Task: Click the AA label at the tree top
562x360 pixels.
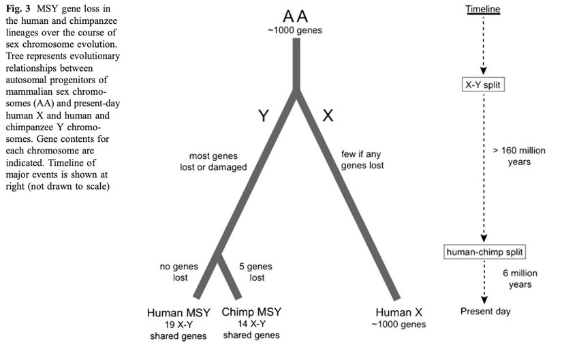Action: tap(295, 16)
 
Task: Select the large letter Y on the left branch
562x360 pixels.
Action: tap(264, 116)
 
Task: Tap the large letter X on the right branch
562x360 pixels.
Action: tap(328, 115)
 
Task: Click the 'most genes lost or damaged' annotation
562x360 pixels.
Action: tap(213, 162)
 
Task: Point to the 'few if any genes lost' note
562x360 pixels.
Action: tap(362, 160)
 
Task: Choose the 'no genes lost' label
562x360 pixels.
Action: tap(179, 272)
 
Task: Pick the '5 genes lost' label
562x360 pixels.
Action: tap(256, 272)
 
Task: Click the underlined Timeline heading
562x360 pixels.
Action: tap(483, 9)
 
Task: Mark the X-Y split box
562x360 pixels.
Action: tap(483, 85)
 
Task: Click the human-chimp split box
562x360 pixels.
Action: tap(484, 252)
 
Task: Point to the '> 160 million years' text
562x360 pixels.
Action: tap(519, 156)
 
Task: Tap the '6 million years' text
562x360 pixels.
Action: tap(520, 279)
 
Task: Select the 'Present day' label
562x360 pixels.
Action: tap(485, 311)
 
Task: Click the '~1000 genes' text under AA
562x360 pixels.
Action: tap(295, 31)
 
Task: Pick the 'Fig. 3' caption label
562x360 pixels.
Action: tap(18, 9)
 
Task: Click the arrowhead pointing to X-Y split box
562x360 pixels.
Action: tap(483, 71)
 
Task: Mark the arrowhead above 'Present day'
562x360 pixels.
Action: tap(484, 300)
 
